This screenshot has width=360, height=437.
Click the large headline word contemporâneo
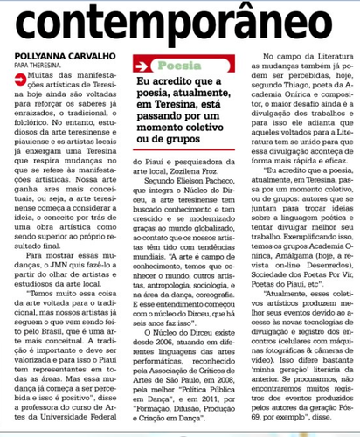tap(179, 24)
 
